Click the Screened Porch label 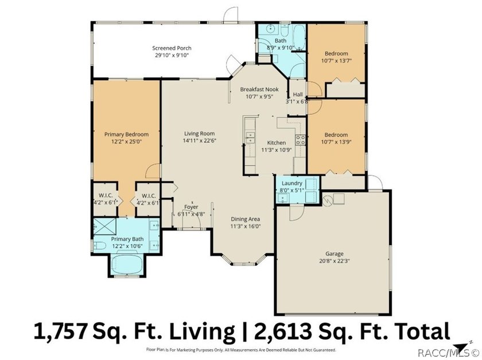coord(172,48)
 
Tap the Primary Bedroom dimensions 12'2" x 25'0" coord(126,142)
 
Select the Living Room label coord(199,134)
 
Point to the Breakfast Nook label coord(259,89)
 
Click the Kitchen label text coord(276,143)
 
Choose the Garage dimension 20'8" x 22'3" coord(335,261)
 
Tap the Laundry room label coord(291,183)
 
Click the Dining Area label coord(246,219)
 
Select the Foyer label coord(191,207)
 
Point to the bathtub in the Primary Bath coord(127,264)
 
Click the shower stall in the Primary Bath coord(105,226)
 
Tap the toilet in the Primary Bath coord(100,245)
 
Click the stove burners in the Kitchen coord(300,140)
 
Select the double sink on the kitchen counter coord(251,138)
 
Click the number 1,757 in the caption coord(60,331)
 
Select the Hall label coord(298,95)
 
